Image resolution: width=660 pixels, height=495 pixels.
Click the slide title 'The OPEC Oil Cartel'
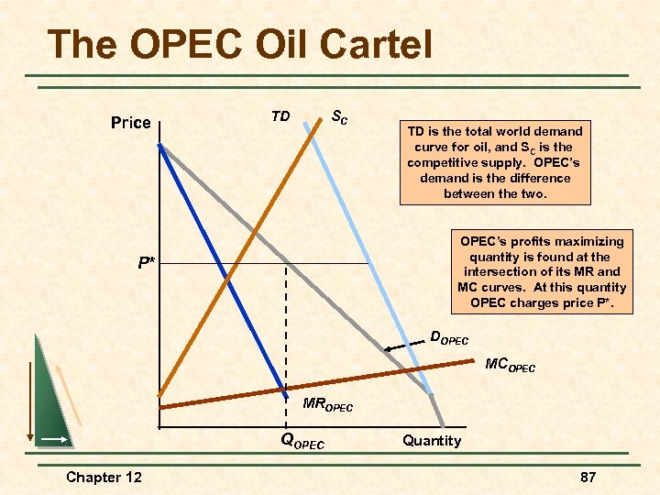point(239,44)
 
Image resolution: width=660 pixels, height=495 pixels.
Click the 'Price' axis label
point(130,123)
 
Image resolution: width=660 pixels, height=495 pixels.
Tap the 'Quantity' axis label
point(432,441)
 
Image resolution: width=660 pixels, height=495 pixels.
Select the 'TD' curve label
point(280,116)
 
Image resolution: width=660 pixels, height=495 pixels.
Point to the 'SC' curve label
point(338,117)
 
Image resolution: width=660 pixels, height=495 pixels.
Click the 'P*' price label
point(146,263)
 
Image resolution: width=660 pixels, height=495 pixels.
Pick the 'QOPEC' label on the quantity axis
point(302,441)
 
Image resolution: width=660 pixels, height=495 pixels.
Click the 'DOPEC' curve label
point(449,338)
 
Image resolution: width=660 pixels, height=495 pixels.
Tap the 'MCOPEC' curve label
point(510,367)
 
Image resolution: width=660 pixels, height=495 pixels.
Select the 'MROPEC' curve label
point(327,403)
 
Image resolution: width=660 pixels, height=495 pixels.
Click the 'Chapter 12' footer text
point(104,477)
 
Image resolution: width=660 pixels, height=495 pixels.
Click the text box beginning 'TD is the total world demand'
point(494,162)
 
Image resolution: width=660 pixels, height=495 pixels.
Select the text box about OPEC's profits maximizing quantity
point(541,272)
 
